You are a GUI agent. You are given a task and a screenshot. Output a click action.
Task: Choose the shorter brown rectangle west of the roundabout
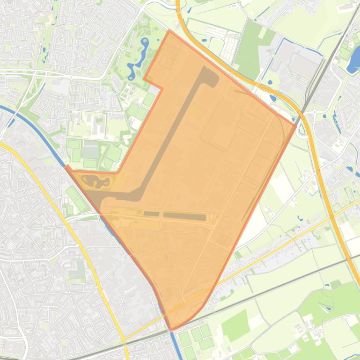tap(151, 214)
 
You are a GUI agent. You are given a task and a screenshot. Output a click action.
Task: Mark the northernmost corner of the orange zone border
tap(169, 31)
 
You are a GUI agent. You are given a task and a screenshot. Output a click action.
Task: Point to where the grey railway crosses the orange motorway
tap(303, 112)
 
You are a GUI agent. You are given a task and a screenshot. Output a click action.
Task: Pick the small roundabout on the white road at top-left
tap(71, 77)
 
